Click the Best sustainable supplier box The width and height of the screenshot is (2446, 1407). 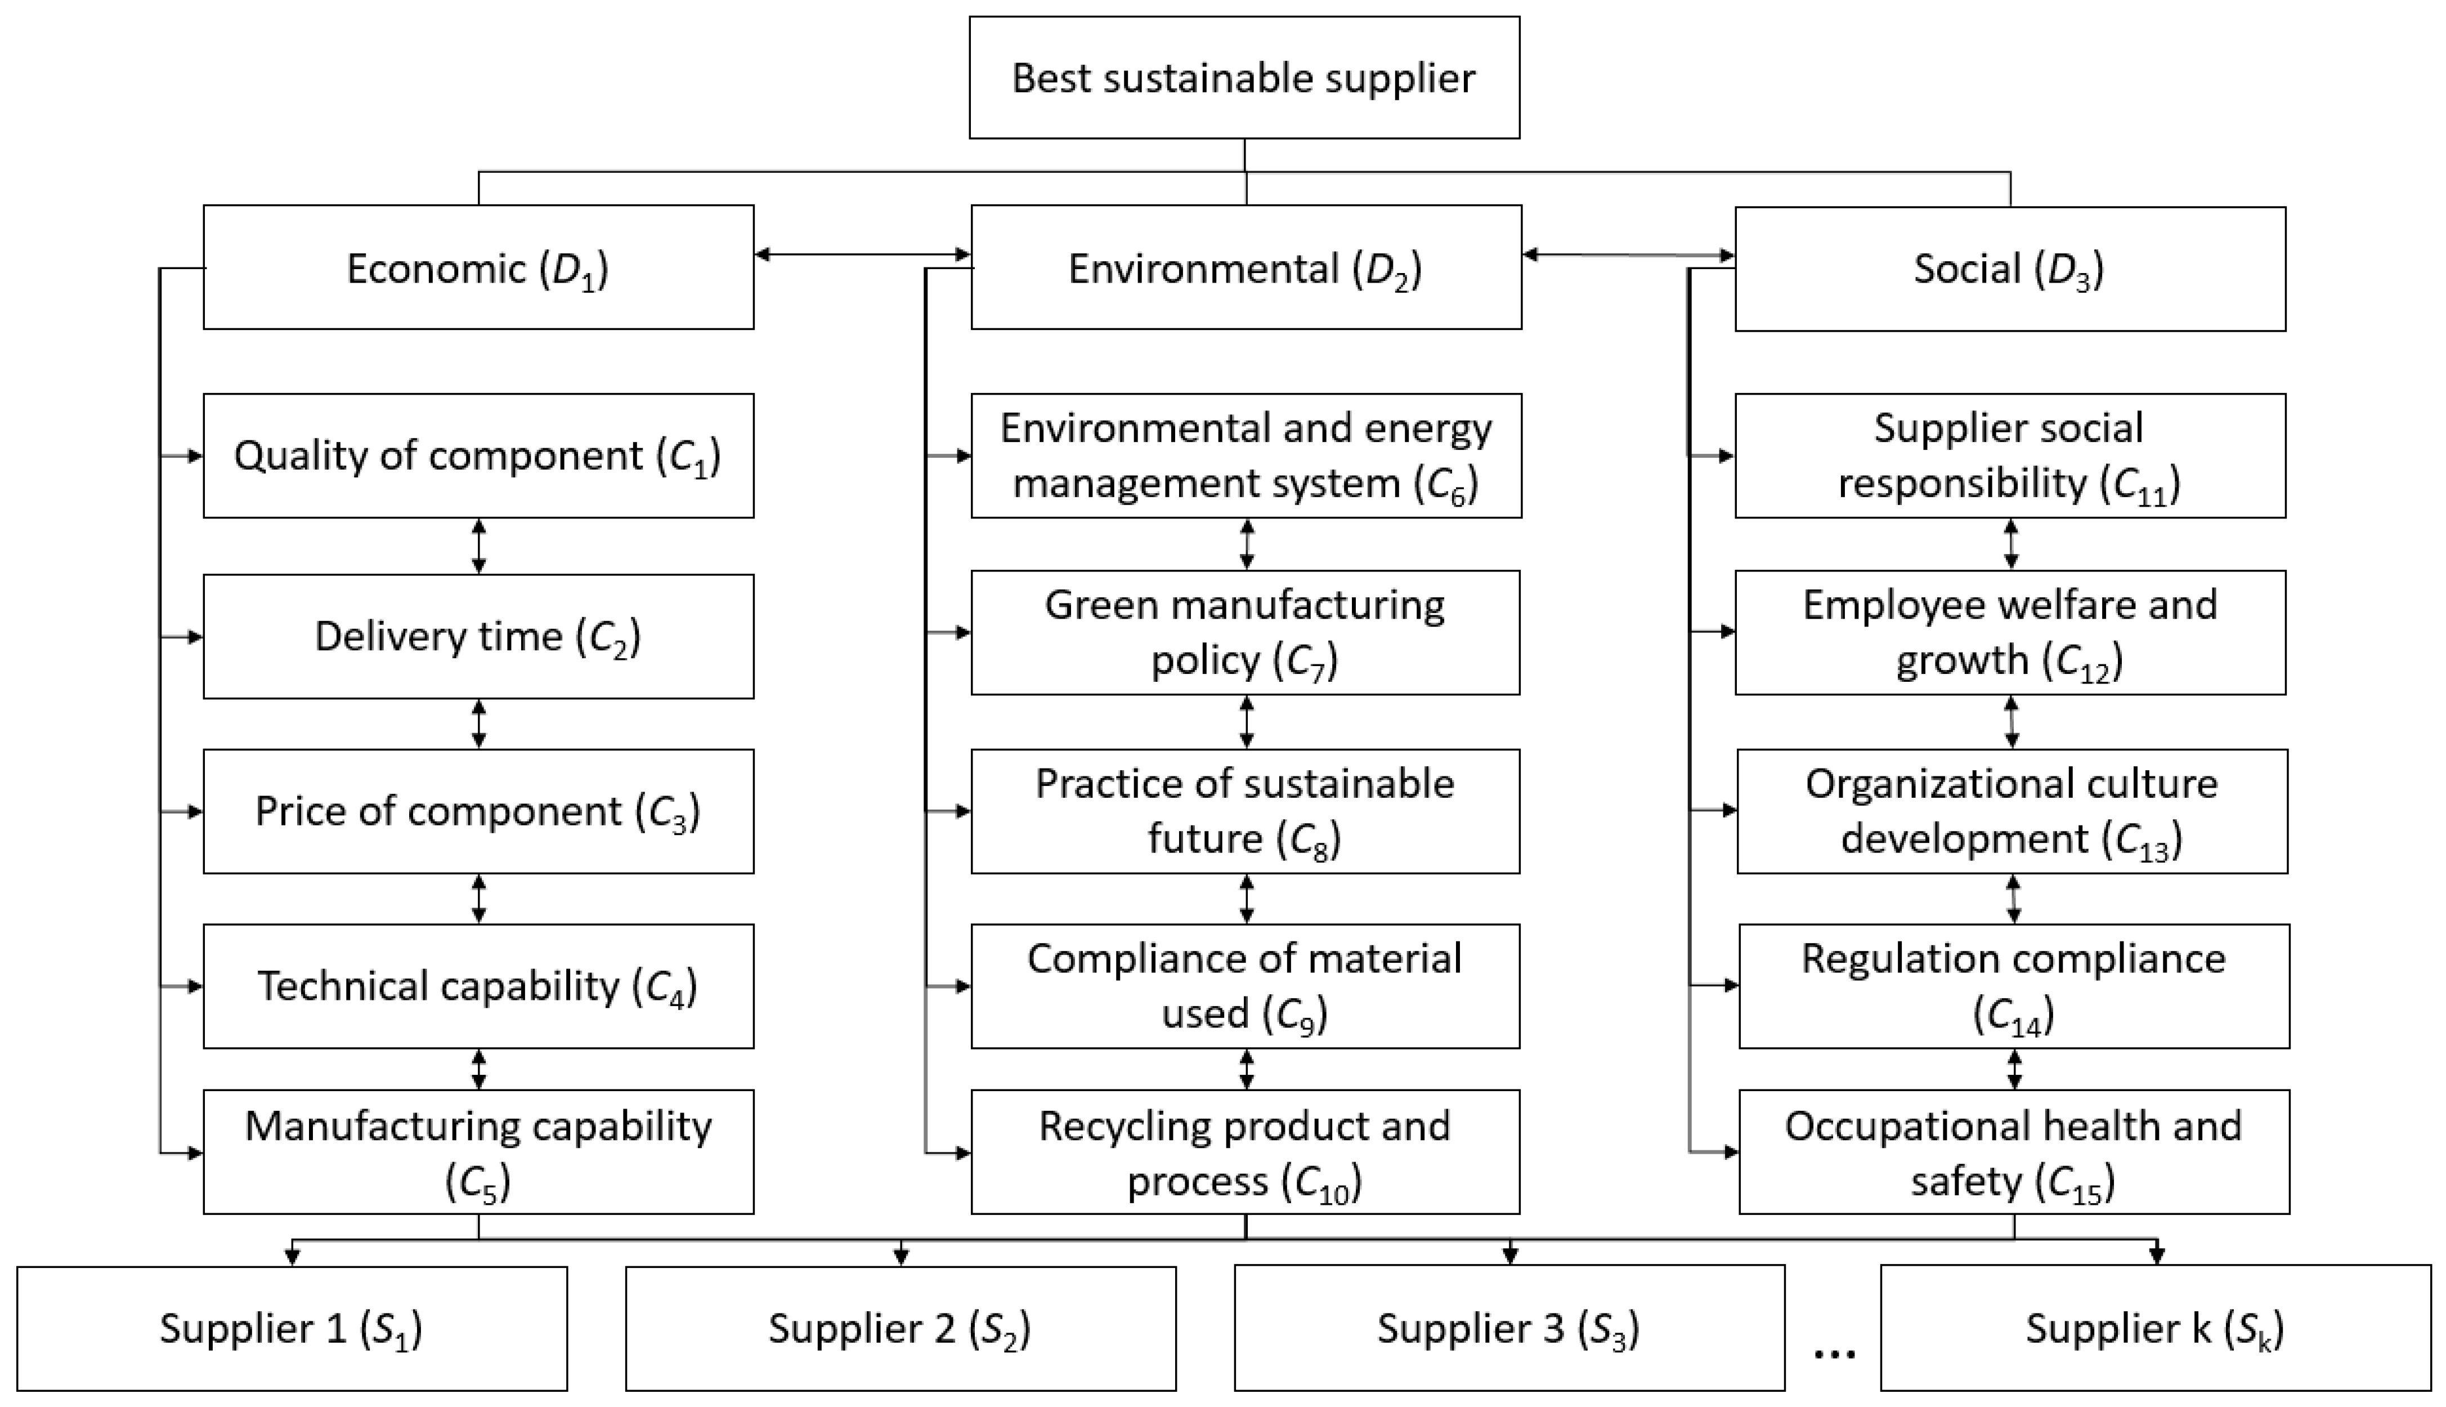pyautogui.click(x=1244, y=77)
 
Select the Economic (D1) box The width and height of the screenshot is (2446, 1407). pyautogui.click(x=478, y=267)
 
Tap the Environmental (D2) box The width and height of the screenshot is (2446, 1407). pyautogui.click(x=1246, y=267)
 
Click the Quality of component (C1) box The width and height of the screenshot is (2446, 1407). pyautogui.click(x=478, y=455)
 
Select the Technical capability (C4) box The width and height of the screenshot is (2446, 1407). pyautogui.click(x=478, y=986)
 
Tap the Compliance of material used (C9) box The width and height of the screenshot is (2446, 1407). pyautogui.click(x=1245, y=986)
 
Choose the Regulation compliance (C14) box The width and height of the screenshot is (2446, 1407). pyautogui.click(x=2014, y=986)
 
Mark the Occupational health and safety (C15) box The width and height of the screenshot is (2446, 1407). pyautogui.click(x=2014, y=1152)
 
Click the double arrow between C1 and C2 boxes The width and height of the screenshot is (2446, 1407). pyautogui.click(x=478, y=547)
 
